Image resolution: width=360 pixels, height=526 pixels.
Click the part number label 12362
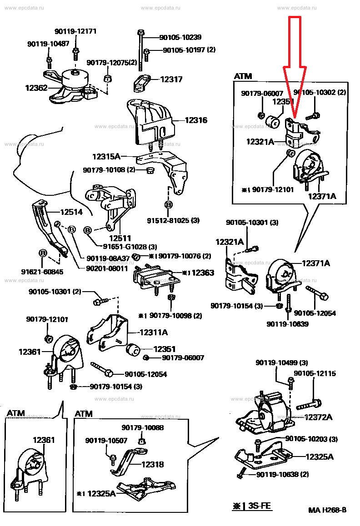click(36, 87)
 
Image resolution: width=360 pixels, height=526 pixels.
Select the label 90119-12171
click(75, 31)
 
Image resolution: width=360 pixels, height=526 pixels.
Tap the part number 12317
click(171, 79)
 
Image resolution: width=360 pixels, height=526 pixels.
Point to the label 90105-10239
click(180, 38)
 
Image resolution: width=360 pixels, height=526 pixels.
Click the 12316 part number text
click(195, 120)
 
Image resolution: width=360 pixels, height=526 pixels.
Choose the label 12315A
click(106, 157)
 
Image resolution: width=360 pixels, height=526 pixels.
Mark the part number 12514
click(71, 212)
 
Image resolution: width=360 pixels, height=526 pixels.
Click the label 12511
click(120, 238)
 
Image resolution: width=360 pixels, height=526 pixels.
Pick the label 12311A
click(153, 332)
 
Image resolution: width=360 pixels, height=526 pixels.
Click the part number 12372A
click(318, 417)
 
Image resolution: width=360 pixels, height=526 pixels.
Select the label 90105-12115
click(315, 373)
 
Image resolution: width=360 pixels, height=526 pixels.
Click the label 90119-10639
click(287, 324)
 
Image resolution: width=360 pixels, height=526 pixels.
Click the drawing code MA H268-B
click(327, 510)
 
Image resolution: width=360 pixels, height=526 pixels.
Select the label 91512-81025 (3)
click(173, 221)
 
